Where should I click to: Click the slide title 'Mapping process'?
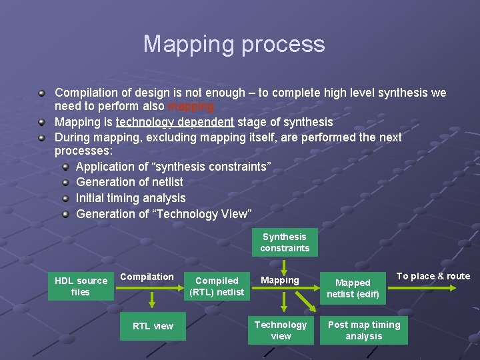[234, 44]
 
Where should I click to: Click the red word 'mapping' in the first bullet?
[191, 107]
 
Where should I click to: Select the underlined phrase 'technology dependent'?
[175, 122]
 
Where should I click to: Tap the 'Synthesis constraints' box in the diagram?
[285, 243]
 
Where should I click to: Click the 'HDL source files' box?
[81, 286]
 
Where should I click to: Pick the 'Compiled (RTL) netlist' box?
[217, 286]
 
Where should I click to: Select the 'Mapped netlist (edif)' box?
[353, 288]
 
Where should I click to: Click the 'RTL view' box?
[153, 326]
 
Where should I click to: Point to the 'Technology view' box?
[281, 330]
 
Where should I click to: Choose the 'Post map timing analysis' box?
[364, 330]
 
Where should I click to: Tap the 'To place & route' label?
[433, 276]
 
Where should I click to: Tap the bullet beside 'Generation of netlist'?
[66, 182]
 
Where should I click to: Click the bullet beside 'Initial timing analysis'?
[66, 198]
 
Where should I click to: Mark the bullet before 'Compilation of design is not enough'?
[41, 93]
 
